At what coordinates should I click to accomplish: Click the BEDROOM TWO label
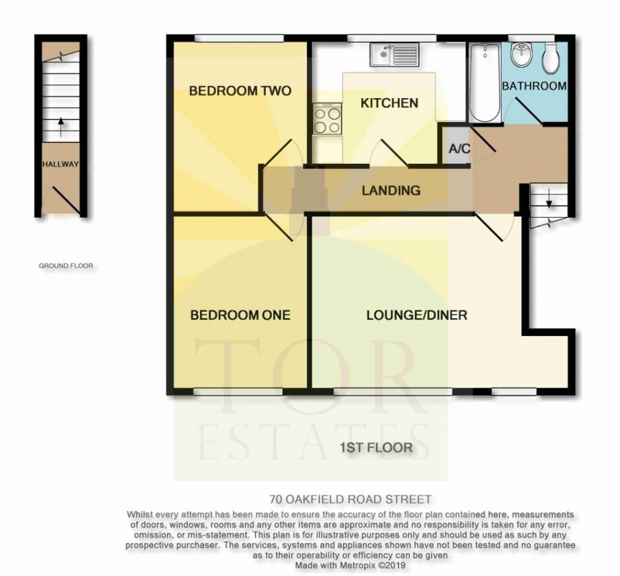pyautogui.click(x=240, y=91)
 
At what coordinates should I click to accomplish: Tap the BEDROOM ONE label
pyautogui.click(x=240, y=315)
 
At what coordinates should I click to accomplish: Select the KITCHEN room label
pyautogui.click(x=389, y=103)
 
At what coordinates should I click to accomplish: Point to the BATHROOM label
pyautogui.click(x=534, y=85)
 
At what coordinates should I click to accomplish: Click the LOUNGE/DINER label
pyautogui.click(x=416, y=315)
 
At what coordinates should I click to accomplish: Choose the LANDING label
pyautogui.click(x=391, y=190)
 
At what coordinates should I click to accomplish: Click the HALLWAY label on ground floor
pyautogui.click(x=60, y=165)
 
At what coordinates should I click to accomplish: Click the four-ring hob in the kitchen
pyautogui.click(x=327, y=118)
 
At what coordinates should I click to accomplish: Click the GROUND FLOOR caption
pyautogui.click(x=66, y=266)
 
